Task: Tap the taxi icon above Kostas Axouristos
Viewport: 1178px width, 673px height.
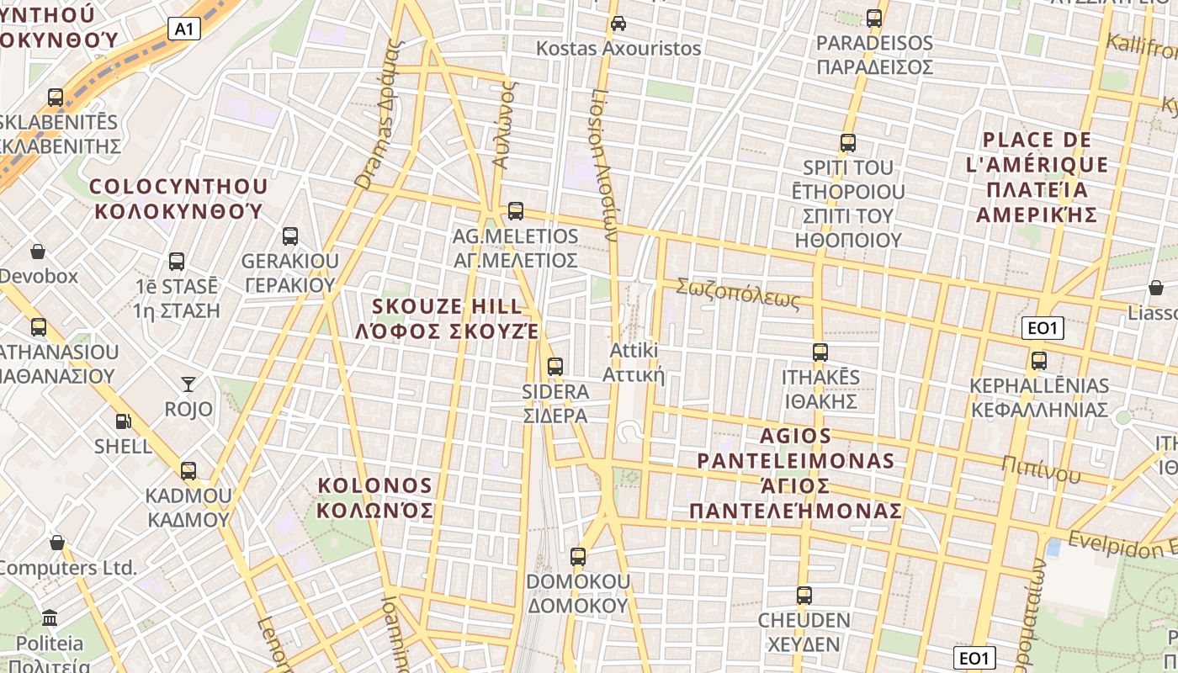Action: [x=618, y=23]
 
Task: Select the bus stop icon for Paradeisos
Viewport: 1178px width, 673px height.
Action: [x=874, y=18]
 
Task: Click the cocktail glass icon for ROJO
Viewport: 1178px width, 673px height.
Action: [x=188, y=384]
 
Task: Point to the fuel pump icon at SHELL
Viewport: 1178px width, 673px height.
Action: [x=123, y=421]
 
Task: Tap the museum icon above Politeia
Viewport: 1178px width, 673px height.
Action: [x=50, y=618]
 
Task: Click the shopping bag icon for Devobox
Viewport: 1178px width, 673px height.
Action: [x=38, y=251]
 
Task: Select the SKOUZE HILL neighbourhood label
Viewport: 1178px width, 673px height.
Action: [x=447, y=318]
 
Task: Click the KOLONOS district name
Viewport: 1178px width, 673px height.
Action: [x=375, y=497]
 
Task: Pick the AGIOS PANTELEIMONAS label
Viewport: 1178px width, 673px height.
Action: [x=796, y=473]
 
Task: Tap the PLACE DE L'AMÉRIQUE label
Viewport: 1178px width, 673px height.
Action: [x=1037, y=177]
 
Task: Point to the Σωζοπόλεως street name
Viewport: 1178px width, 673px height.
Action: [x=738, y=294]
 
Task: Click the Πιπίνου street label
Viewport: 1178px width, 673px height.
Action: [x=1041, y=469]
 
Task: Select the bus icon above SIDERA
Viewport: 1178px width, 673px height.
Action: [x=555, y=366]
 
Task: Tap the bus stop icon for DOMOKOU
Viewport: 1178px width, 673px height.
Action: [x=577, y=556]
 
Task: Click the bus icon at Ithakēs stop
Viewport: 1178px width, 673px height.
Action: [x=820, y=352]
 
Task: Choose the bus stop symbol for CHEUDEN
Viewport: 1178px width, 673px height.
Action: [x=804, y=596]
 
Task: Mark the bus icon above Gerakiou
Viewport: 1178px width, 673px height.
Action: [x=290, y=236]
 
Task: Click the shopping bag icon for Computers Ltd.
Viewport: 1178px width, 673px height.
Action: [x=57, y=542]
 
